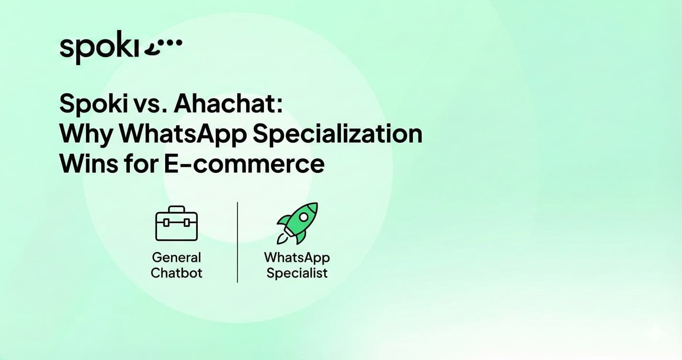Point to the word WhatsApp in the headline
[x=182, y=134]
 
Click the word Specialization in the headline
[x=337, y=134]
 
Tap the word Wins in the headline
[x=86, y=164]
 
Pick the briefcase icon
[x=177, y=224]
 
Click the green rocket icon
[x=297, y=223]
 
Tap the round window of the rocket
[x=304, y=217]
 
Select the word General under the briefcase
[x=177, y=258]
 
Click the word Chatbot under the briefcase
[x=177, y=273]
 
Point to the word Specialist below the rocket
[x=297, y=273]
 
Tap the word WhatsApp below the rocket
[x=297, y=258]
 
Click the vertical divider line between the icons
[x=238, y=242]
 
